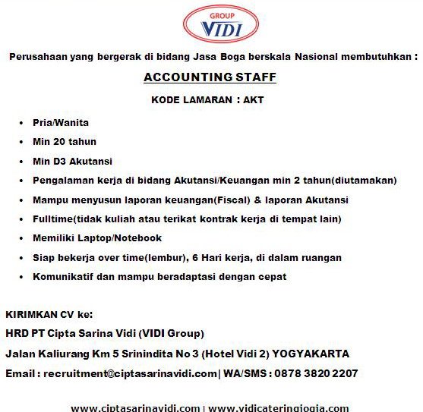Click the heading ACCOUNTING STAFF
click(210, 77)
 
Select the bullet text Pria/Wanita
click(61, 122)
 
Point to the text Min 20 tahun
click(65, 141)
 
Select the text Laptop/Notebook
click(119, 238)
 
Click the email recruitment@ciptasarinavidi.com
click(130, 373)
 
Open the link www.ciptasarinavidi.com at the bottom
click(135, 407)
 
